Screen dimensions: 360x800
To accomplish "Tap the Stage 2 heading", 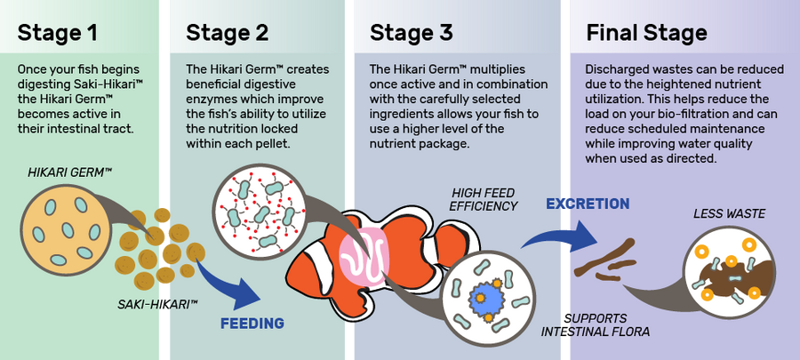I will click(x=228, y=33).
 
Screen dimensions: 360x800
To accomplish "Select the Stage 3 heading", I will click(x=412, y=33).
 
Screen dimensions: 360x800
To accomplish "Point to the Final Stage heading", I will click(x=646, y=33).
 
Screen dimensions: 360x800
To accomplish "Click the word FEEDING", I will click(x=252, y=324).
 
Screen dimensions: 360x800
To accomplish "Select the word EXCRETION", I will click(x=588, y=204).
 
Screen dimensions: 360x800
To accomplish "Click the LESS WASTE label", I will click(x=729, y=213).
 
